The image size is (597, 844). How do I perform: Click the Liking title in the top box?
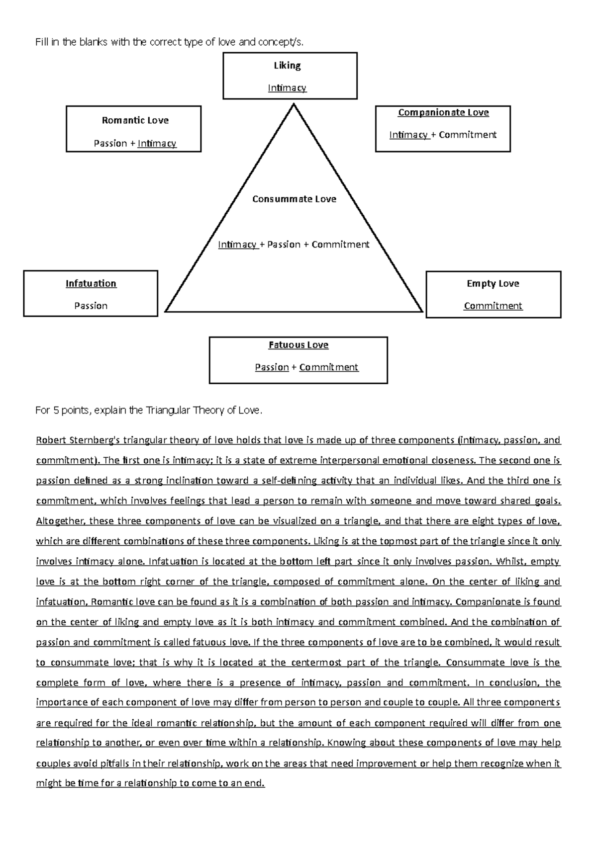[x=287, y=66]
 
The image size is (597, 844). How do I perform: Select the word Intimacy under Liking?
[x=287, y=88]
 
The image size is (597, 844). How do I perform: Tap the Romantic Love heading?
[x=135, y=120]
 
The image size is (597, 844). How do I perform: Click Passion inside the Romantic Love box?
[x=110, y=144]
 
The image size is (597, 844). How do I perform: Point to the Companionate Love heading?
[x=443, y=113]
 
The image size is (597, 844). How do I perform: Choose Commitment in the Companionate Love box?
[x=468, y=135]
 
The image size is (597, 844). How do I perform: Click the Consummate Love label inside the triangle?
[x=294, y=199]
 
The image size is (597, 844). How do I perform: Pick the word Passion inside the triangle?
[x=284, y=245]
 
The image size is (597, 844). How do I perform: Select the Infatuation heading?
[x=91, y=284]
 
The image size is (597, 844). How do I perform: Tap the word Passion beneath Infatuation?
[x=91, y=306]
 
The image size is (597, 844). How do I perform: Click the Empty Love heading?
[x=493, y=284]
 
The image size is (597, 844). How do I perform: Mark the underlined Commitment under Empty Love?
[x=493, y=306]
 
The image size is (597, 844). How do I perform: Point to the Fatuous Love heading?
[x=298, y=345]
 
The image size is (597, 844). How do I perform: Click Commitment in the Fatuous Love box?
[x=328, y=367]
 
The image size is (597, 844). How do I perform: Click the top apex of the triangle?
[x=294, y=104]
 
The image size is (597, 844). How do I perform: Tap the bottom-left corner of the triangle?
[x=166, y=311]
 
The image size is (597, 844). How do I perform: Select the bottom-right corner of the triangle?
[x=422, y=311]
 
